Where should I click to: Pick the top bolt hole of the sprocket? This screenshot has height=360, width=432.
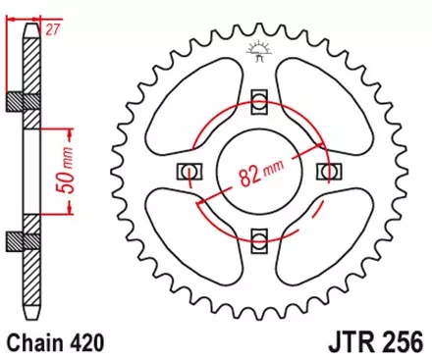click(259, 102)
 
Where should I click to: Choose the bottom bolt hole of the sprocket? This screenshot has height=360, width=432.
click(259, 239)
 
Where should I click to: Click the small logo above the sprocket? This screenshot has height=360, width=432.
click(259, 50)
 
